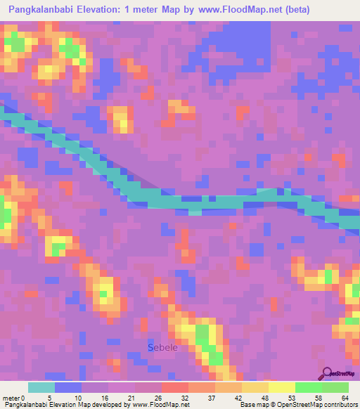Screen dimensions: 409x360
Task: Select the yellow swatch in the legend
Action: pos(281,387)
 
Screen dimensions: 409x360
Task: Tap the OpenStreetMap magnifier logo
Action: pos(327,373)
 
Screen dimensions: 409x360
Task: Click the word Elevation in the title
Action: pos(106,9)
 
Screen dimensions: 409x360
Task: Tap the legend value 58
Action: pos(318,397)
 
